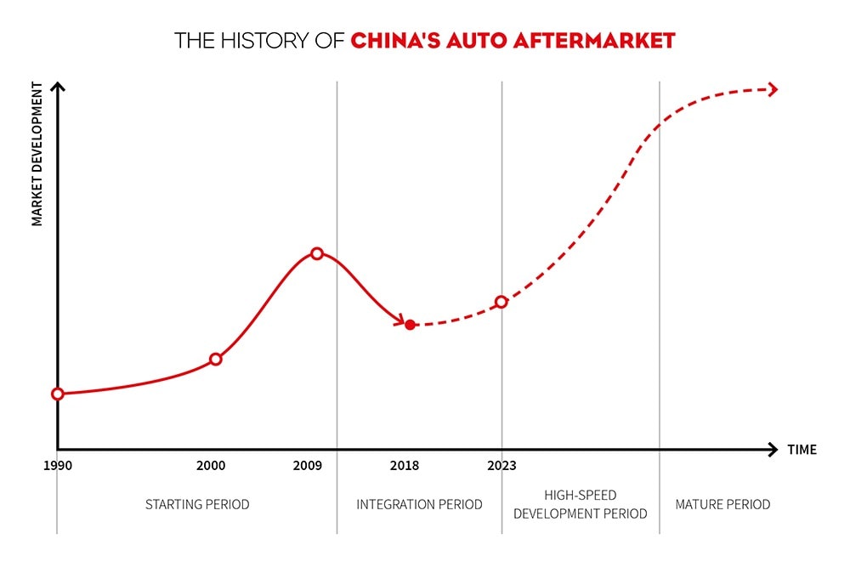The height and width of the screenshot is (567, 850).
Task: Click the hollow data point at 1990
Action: [58, 394]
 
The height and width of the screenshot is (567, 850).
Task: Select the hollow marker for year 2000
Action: [216, 359]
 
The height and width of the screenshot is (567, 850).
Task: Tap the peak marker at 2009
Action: [317, 253]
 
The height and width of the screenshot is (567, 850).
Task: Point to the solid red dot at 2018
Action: [410, 325]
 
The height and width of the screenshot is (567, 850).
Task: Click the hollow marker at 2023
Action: [501, 302]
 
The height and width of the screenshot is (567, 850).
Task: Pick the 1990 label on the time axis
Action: [58, 466]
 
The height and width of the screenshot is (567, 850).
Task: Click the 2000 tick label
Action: [211, 466]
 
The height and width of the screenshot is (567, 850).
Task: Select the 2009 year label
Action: [308, 466]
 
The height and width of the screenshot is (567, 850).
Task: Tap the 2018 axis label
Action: [404, 466]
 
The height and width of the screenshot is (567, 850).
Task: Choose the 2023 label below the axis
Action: [501, 466]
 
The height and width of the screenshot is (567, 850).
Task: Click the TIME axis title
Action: [802, 450]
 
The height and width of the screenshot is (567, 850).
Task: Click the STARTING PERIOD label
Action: [197, 504]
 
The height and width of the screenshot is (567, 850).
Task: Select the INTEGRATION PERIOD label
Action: [419, 504]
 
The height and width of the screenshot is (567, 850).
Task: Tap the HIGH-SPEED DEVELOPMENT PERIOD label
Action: [580, 504]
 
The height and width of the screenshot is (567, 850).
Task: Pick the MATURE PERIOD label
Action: [722, 504]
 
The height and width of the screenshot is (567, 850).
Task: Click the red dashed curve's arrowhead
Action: [773, 89]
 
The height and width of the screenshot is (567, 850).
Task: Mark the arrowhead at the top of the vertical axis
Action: [58, 86]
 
